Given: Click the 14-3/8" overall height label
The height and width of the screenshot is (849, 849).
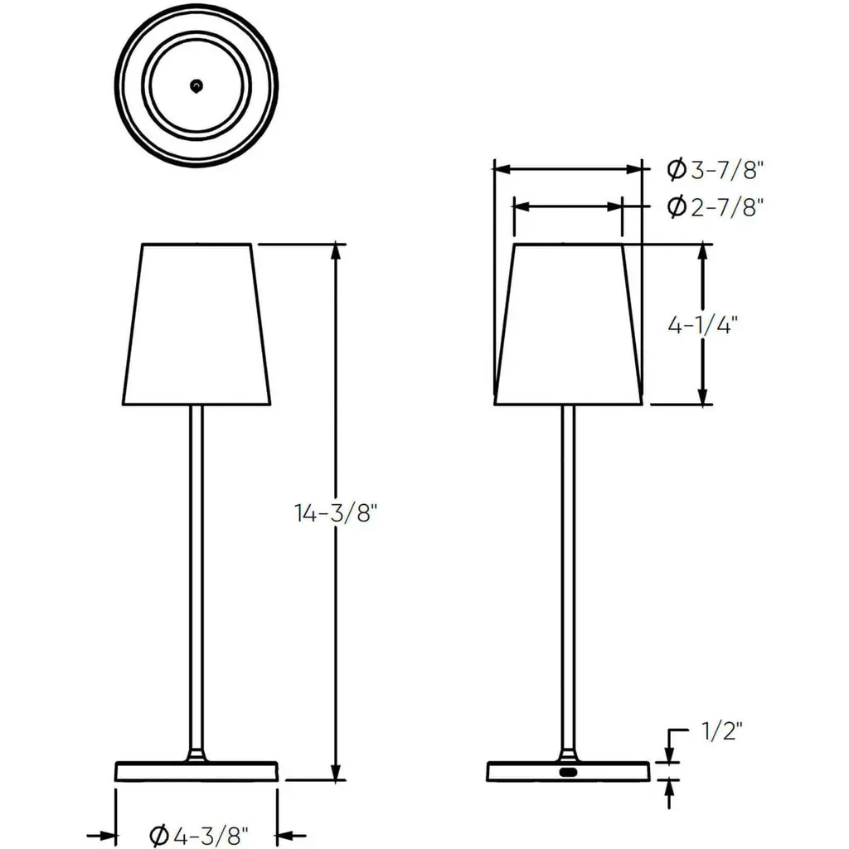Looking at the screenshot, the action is [x=335, y=512].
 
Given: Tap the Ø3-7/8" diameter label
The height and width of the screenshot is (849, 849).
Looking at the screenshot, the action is [x=715, y=170].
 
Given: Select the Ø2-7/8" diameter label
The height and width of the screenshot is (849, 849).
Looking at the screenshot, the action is [x=715, y=206].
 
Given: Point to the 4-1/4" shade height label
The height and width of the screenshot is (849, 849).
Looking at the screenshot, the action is [x=702, y=325].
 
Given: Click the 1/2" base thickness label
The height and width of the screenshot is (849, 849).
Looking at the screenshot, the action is [x=722, y=731].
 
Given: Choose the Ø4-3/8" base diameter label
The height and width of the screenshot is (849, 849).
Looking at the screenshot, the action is [x=199, y=836].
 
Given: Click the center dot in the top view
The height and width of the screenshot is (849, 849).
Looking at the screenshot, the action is [x=196, y=85].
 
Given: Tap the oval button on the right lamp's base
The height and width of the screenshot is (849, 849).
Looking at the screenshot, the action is [x=568, y=772].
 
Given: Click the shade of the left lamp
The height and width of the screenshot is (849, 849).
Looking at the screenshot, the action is [x=196, y=324].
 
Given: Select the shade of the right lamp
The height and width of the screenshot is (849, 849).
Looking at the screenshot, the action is [x=568, y=324].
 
